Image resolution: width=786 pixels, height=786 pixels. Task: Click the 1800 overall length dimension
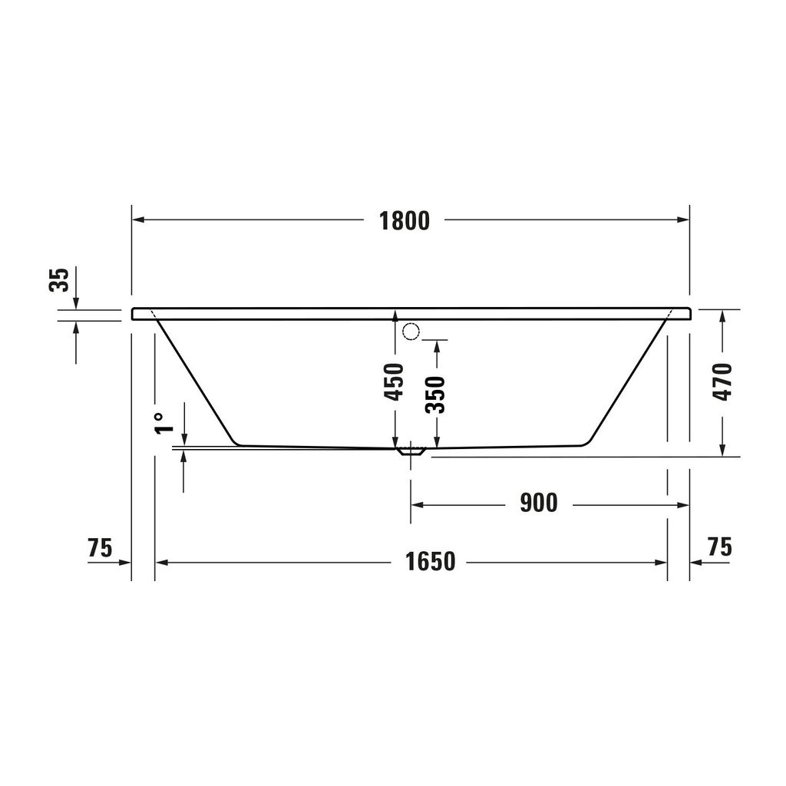(404, 220)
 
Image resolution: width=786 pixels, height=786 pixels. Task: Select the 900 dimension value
(538, 504)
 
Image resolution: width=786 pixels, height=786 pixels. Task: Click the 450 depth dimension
(394, 381)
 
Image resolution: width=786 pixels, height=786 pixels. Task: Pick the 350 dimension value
(436, 395)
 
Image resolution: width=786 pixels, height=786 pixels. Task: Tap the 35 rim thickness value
(60, 279)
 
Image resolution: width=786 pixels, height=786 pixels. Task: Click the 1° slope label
(160, 423)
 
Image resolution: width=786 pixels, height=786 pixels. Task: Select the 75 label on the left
(100, 548)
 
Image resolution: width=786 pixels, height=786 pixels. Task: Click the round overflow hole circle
(411, 332)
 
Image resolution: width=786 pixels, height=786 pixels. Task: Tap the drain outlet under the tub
(411, 452)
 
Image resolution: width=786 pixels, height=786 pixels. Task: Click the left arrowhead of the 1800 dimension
(139, 220)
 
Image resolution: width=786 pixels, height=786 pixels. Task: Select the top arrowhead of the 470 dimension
(722, 315)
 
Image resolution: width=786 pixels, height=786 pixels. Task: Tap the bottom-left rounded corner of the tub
(237, 441)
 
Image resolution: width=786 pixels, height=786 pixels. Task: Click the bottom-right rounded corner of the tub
(585, 441)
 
